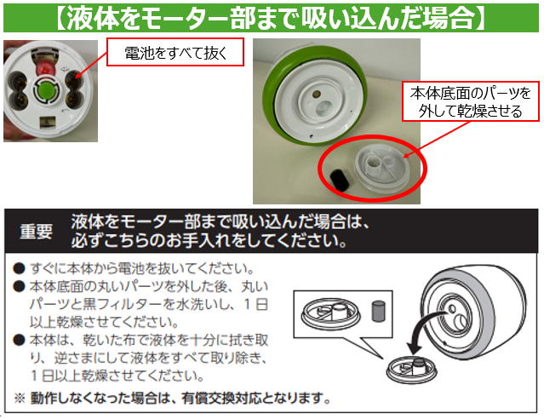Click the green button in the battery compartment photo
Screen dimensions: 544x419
46,89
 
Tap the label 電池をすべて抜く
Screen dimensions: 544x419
175,53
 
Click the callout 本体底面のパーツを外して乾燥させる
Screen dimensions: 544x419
471,101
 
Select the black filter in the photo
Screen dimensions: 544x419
339,179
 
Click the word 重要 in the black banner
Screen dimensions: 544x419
36,232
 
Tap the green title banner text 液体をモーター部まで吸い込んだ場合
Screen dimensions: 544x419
271,18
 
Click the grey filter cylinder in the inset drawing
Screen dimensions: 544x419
378,311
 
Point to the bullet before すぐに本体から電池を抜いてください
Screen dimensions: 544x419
19,268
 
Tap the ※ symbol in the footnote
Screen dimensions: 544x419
20,399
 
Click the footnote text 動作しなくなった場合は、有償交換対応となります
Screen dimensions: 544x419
180,399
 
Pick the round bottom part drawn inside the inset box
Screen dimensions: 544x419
330,313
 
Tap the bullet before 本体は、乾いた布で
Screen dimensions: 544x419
19,340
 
